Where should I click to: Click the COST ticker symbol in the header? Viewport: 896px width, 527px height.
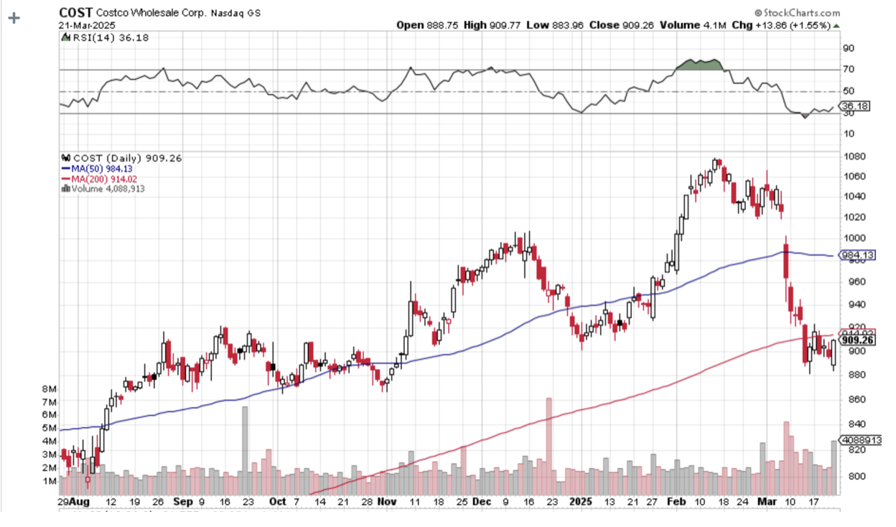click(x=73, y=13)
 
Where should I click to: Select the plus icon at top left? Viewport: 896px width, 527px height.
click(x=13, y=17)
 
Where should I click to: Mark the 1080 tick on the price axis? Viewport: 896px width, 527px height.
click(x=853, y=157)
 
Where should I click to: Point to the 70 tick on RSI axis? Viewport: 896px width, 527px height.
click(x=848, y=70)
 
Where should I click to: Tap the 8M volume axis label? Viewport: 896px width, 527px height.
click(x=50, y=388)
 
